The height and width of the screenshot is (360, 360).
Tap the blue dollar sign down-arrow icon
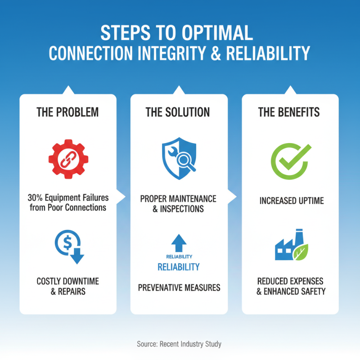tap(69, 247)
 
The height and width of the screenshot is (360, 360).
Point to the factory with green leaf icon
tap(290, 247)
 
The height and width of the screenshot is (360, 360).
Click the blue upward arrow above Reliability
tap(179, 243)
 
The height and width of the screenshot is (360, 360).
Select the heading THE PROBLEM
tap(67, 112)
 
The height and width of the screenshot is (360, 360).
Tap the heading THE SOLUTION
tap(179, 112)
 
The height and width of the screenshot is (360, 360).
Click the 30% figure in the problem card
tap(35, 198)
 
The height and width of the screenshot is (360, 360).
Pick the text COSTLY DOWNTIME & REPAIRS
tap(67, 286)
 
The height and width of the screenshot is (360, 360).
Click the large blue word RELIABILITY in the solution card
tap(179, 267)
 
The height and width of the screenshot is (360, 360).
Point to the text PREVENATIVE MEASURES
tap(179, 287)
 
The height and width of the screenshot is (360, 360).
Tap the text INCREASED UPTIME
tap(292, 201)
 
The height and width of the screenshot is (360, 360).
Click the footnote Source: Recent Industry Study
tap(179, 344)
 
